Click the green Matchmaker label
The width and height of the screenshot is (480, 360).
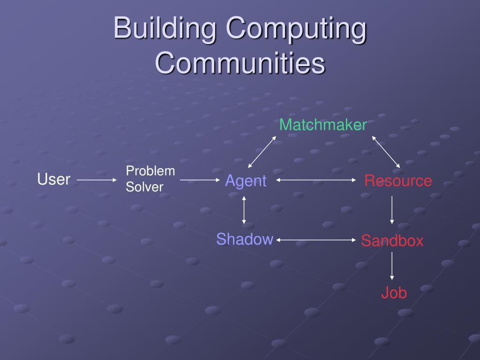[x=323, y=125]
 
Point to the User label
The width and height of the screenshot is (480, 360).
[x=54, y=179]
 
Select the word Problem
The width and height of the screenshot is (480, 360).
[x=150, y=171]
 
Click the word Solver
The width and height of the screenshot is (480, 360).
[x=144, y=187]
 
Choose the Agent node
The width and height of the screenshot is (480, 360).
[x=246, y=180]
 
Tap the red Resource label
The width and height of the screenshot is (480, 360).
[x=398, y=180]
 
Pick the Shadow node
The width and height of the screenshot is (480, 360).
[x=245, y=239]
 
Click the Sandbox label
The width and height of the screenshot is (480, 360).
[x=392, y=241]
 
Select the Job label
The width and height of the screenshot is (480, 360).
[x=393, y=293]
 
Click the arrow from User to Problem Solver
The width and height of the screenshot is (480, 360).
[x=97, y=180]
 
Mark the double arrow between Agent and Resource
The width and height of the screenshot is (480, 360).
[x=316, y=180]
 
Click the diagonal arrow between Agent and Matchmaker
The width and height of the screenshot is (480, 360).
[x=262, y=152]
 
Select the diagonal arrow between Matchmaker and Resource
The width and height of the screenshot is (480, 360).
[x=386, y=152]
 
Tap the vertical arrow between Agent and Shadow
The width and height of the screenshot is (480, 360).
[x=244, y=210]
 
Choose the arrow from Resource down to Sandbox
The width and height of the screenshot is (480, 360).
[x=392, y=210]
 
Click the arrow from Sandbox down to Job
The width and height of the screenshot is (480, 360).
[x=392, y=266]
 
